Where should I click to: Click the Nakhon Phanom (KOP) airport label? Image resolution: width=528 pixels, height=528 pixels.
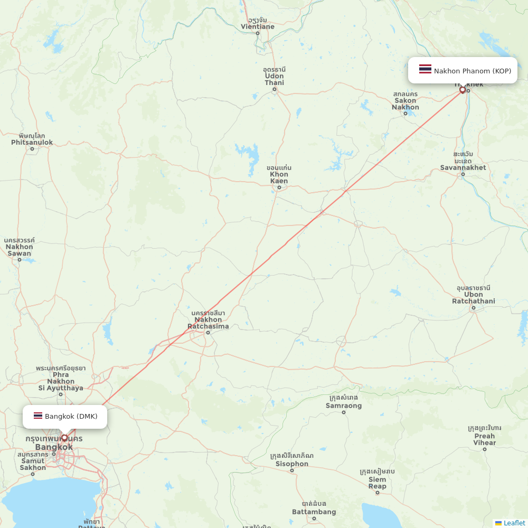pyautogui.click(x=472, y=71)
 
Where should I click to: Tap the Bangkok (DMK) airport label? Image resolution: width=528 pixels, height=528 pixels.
pyautogui.click(x=71, y=416)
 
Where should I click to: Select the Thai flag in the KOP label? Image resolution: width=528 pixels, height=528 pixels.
pyautogui.click(x=425, y=70)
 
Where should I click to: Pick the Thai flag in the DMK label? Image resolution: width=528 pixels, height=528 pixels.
pyautogui.click(x=38, y=416)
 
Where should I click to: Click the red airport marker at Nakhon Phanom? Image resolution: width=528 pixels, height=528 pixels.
pyautogui.click(x=463, y=90)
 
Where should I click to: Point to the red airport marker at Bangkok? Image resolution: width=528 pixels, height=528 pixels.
pyautogui.click(x=64, y=437)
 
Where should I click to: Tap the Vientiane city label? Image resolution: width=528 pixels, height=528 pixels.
pyautogui.click(x=258, y=26)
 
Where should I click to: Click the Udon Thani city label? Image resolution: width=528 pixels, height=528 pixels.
pyautogui.click(x=274, y=79)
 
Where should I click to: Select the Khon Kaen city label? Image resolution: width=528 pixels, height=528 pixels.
pyautogui.click(x=279, y=177)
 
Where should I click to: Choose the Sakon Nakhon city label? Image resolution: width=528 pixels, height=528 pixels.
pyautogui.click(x=406, y=104)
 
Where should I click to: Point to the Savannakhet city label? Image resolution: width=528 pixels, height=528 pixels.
pyautogui.click(x=463, y=167)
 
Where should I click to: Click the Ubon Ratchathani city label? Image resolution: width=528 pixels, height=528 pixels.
pyautogui.click(x=474, y=298)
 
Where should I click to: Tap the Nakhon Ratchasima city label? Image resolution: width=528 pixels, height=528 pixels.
pyautogui.click(x=208, y=323)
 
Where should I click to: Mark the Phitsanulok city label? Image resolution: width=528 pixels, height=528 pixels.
pyautogui.click(x=32, y=142)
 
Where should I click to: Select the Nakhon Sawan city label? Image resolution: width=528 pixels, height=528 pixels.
pyautogui.click(x=19, y=250)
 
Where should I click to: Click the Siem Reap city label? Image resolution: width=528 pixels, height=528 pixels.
pyautogui.click(x=378, y=483)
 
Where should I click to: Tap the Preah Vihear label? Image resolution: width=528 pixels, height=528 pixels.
pyautogui.click(x=484, y=439)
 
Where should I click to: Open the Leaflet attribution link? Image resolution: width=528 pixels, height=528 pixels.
pyautogui.click(x=514, y=523)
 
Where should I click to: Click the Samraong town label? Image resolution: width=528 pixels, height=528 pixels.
pyautogui.click(x=344, y=406)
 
